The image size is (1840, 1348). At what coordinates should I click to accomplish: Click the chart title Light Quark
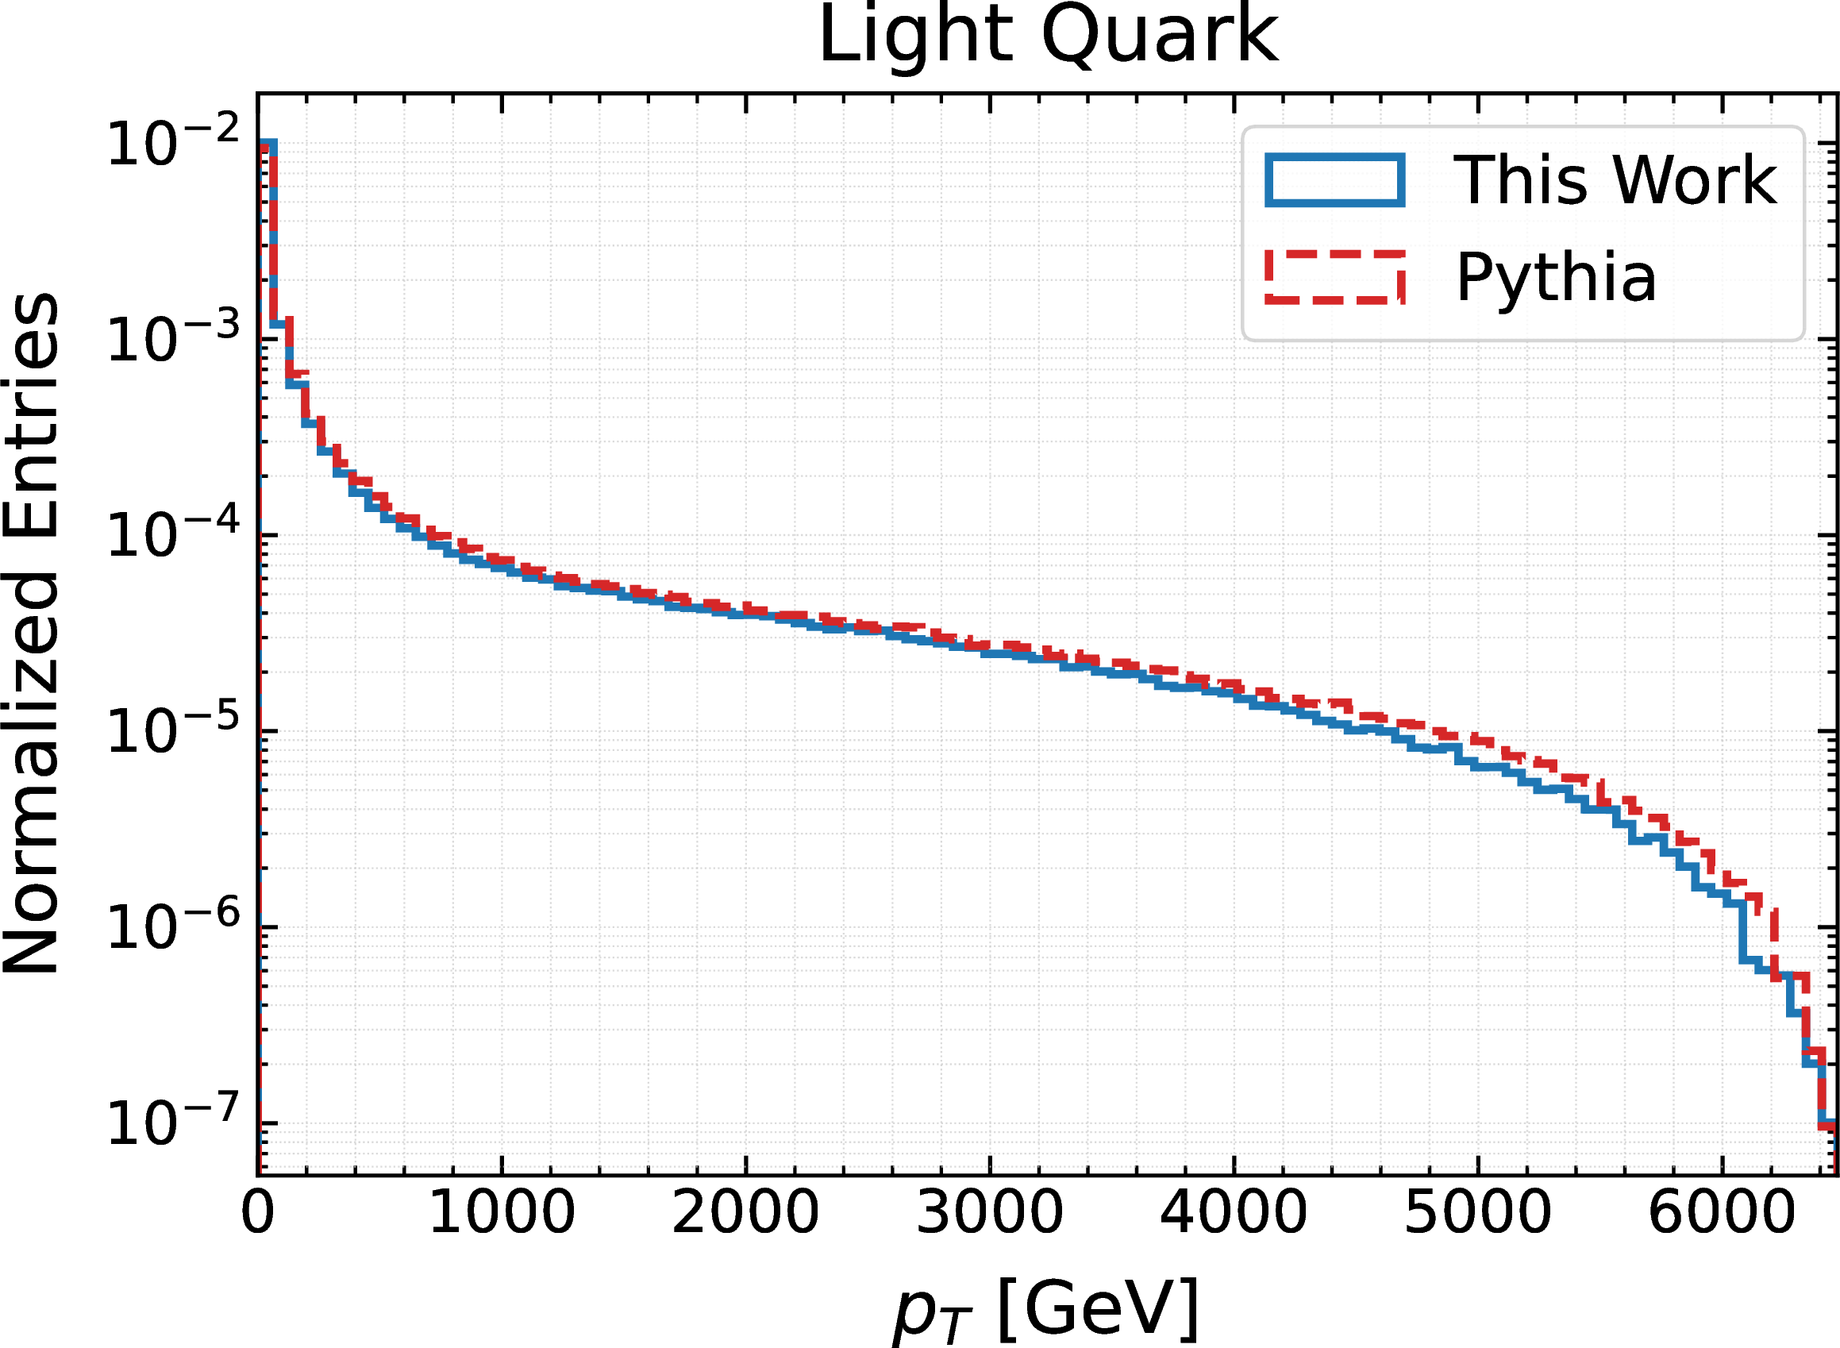1048,36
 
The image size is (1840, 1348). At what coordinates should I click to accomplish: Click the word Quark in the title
1160,36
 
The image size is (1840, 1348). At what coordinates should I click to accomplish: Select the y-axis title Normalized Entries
31,633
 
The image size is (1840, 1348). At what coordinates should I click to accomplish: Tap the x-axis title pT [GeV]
1047,1309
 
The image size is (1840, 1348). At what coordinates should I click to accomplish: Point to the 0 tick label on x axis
258,1212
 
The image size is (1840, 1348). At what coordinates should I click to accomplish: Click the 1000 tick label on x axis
502,1212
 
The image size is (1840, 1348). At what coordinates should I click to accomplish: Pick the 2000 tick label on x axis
745,1212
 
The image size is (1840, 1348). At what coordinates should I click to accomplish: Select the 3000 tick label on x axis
990,1212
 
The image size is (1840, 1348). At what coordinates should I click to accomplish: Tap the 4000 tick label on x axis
1234,1212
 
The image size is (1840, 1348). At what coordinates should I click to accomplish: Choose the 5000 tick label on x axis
1478,1212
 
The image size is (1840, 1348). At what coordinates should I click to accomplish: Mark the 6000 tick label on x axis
1722,1212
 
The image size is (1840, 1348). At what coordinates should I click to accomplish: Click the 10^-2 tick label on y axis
173,142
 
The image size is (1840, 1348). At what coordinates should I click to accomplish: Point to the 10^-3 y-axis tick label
173,338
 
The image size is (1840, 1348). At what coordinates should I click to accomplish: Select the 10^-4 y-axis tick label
173,533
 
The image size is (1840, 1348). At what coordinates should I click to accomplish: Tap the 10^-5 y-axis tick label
173,730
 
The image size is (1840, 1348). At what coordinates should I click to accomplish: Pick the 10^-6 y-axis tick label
173,926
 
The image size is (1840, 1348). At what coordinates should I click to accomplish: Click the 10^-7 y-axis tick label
173,1121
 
